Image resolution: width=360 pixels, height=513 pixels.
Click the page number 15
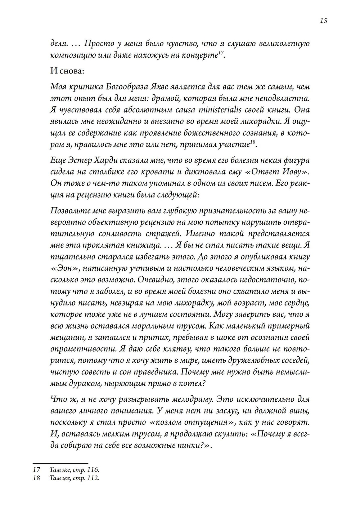pos(323,21)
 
